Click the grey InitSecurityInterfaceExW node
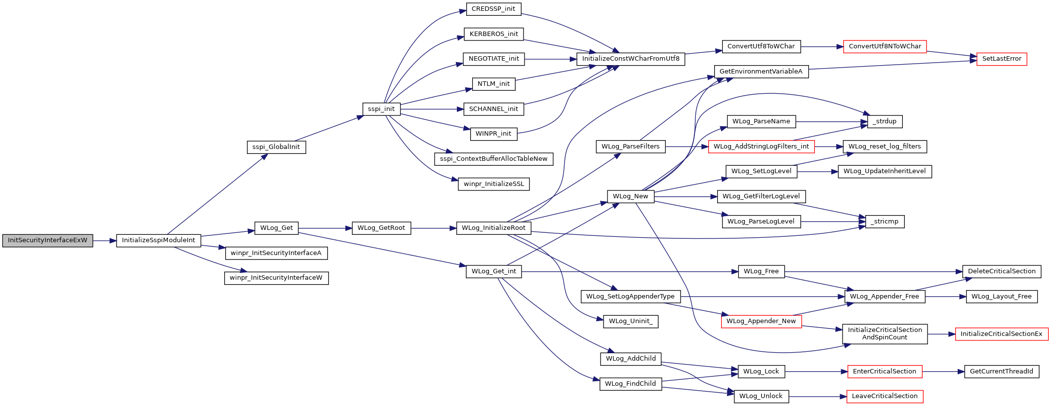coord(47,241)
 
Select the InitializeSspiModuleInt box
coord(159,241)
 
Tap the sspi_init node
coord(381,109)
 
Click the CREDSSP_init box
coord(493,9)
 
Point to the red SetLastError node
coord(1002,59)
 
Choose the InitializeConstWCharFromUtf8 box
coord(631,59)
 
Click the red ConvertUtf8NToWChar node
coord(885,46)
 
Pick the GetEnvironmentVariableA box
coord(761,72)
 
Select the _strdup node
coord(885,121)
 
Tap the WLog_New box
coord(631,196)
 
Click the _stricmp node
coord(885,221)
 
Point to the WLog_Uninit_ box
coord(631,321)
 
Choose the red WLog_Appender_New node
coord(761,321)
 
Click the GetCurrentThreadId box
coord(1002,371)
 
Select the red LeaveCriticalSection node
coord(885,396)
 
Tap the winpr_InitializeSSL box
coord(494,184)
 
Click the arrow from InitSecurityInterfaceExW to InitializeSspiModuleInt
coord(105,241)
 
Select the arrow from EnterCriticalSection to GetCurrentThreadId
coord(943,371)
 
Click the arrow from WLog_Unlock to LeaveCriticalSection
coord(818,396)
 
